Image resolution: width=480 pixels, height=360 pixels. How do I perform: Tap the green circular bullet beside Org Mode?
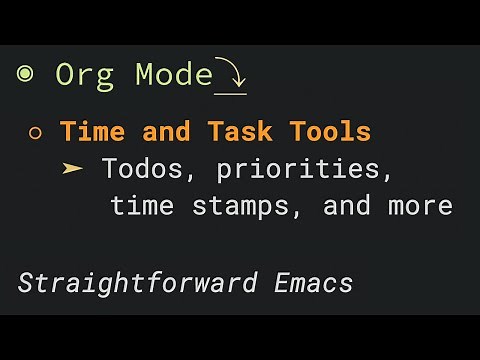pos(25,74)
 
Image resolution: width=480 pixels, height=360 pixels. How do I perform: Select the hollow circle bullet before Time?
pos(36,132)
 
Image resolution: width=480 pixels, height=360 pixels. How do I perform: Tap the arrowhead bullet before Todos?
pos(73,168)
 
